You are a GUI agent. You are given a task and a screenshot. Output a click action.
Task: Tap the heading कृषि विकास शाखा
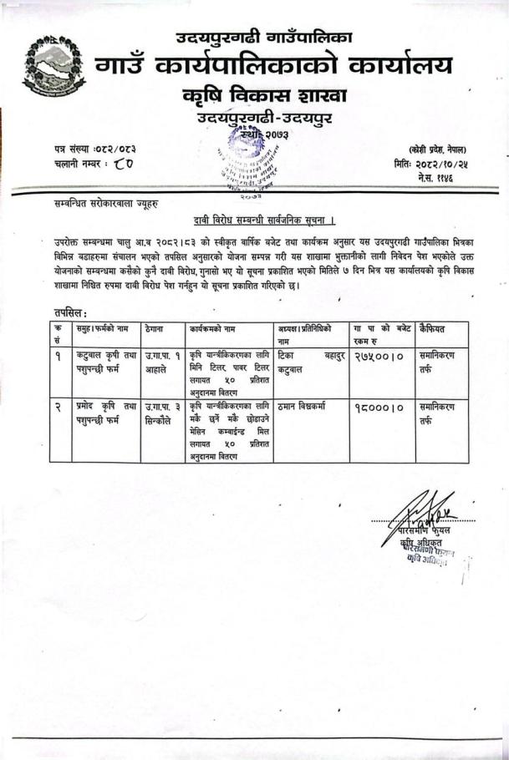coord(265,96)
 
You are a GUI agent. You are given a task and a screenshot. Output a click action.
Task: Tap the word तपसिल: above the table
coord(68,312)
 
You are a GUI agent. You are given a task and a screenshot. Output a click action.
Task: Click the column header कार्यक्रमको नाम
coord(215,329)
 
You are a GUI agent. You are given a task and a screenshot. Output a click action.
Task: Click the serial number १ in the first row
coord(57,358)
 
